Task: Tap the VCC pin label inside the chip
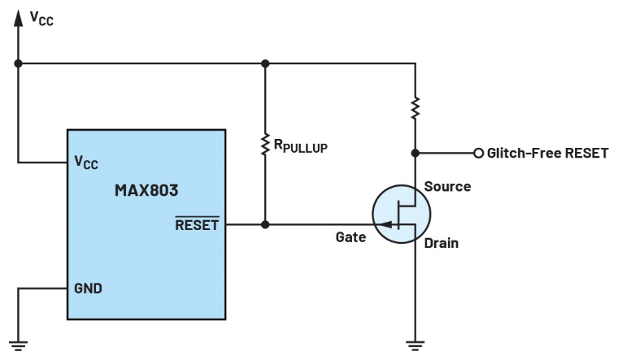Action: (86, 163)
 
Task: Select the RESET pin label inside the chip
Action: (197, 224)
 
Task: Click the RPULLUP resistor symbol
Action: (264, 145)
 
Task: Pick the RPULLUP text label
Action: (300, 147)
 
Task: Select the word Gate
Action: (350, 237)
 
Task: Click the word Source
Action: (447, 187)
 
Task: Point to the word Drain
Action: (441, 243)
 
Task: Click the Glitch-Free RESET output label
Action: (546, 152)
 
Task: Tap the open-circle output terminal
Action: (478, 152)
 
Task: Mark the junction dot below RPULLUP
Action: (264, 224)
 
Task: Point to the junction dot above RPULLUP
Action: (264, 62)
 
